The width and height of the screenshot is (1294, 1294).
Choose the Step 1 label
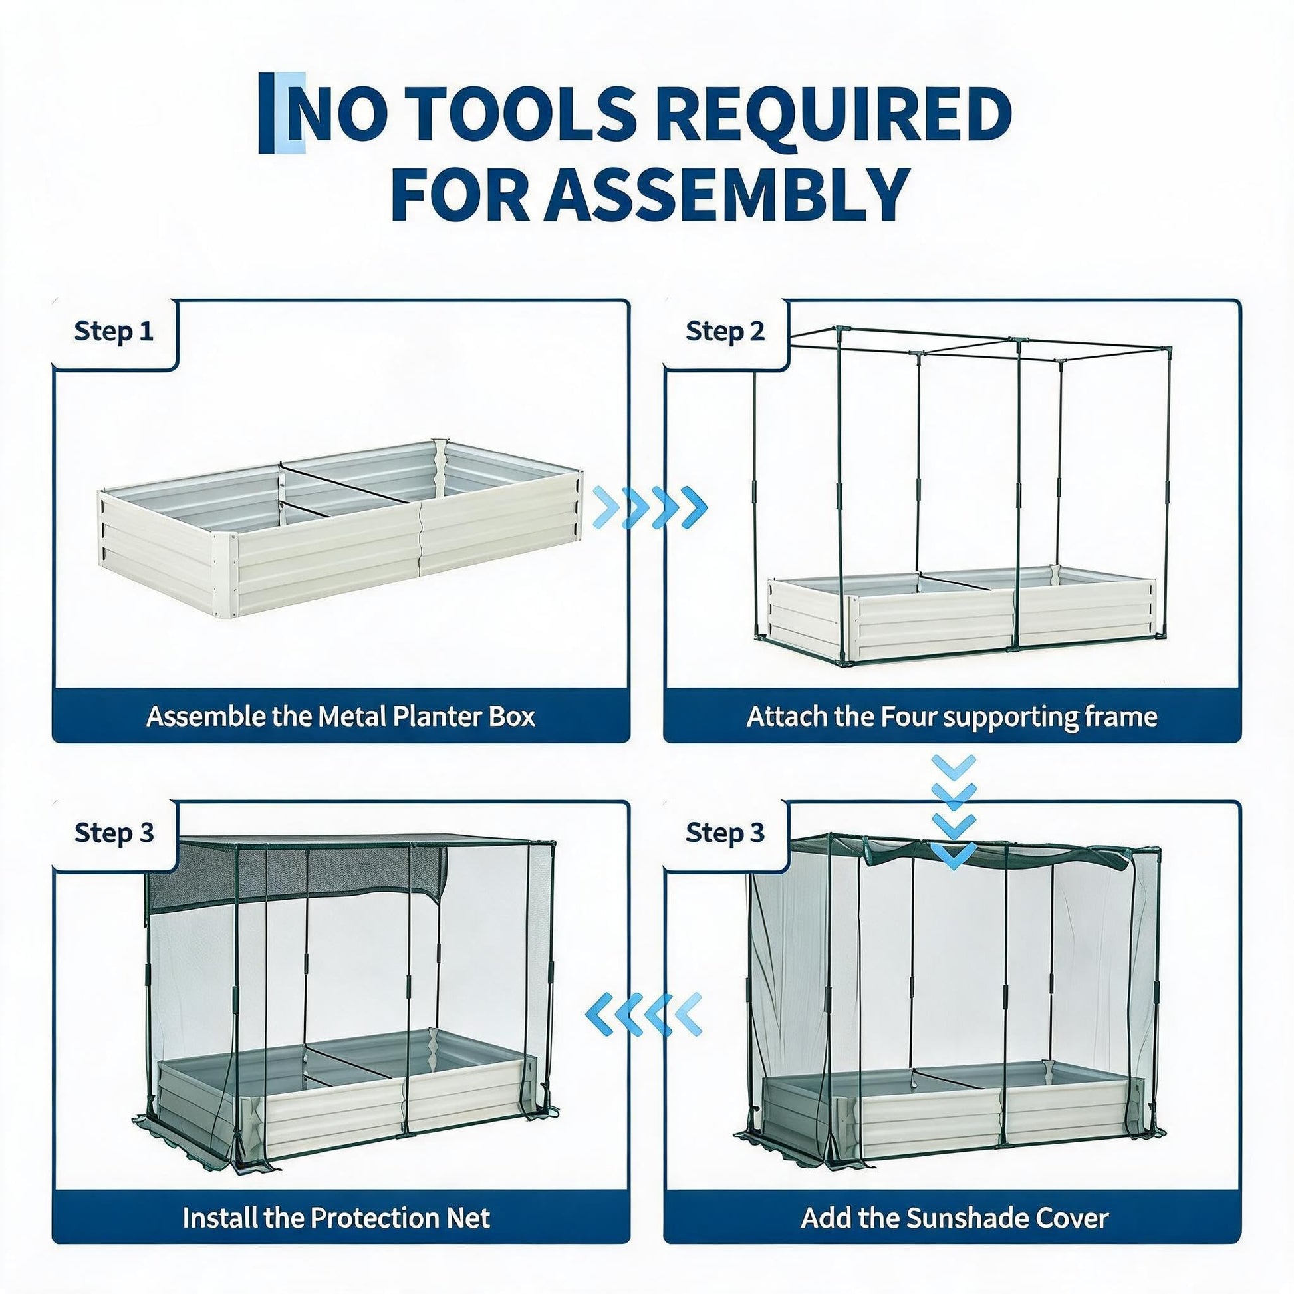[114, 332]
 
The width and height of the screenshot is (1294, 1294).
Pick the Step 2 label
[725, 332]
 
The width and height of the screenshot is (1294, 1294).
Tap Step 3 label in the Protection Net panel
[114, 833]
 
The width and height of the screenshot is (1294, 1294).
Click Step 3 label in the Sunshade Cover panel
[725, 833]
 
